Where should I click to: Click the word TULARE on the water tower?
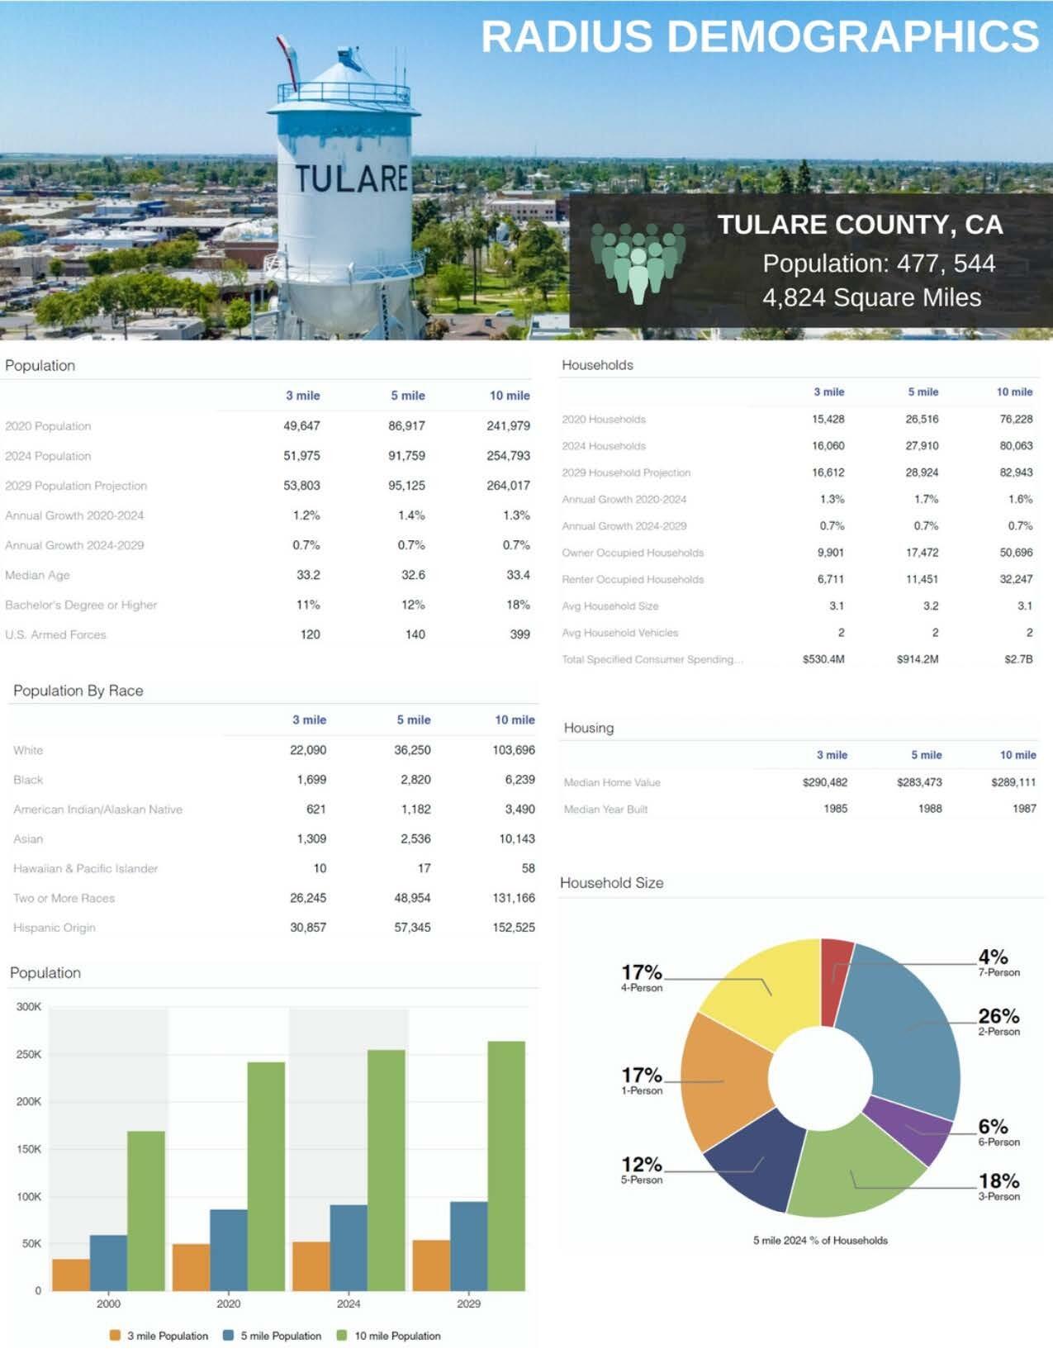pyautogui.click(x=352, y=178)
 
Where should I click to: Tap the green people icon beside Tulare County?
pyautogui.click(x=638, y=263)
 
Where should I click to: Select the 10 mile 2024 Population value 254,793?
pyautogui.click(x=508, y=456)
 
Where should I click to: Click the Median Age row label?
pyautogui.click(x=37, y=575)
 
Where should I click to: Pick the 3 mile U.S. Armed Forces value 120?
pyautogui.click(x=310, y=634)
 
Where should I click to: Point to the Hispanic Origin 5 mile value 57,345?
pyautogui.click(x=412, y=928)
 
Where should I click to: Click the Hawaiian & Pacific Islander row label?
pyautogui.click(x=85, y=868)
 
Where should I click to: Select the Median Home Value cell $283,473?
pyautogui.click(x=919, y=782)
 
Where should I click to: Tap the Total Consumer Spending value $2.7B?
pyautogui.click(x=1018, y=659)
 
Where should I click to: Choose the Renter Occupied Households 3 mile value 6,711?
pyautogui.click(x=830, y=579)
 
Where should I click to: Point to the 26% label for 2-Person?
pyautogui.click(x=998, y=1017)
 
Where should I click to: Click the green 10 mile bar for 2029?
pyautogui.click(x=506, y=1165)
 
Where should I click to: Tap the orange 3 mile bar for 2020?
pyautogui.click(x=191, y=1267)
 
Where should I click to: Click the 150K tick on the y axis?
pyautogui.click(x=29, y=1149)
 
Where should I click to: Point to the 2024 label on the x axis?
pyautogui.click(x=349, y=1304)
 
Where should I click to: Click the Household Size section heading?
pyautogui.click(x=611, y=883)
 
